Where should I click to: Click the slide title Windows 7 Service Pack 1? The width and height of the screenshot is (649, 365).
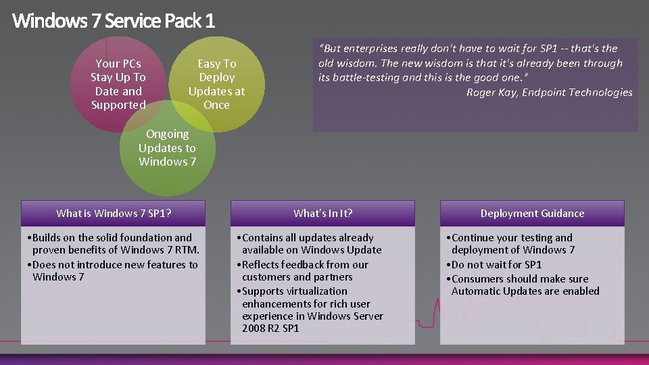[x=114, y=21]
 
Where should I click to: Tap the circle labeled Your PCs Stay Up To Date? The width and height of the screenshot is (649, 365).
[x=118, y=84]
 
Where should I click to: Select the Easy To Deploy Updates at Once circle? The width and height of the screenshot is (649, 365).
[x=216, y=84]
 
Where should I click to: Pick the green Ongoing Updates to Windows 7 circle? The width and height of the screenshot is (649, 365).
[x=167, y=148]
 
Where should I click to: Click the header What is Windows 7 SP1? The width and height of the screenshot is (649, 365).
[x=114, y=214]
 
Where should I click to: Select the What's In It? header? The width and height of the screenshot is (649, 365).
[x=322, y=214]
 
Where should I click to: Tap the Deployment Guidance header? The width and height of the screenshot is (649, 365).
[x=532, y=214]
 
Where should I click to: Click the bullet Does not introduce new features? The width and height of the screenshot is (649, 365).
[x=112, y=271]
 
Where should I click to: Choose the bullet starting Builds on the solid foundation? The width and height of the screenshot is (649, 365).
[x=112, y=244]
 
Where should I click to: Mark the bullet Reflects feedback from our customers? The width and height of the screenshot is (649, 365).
[x=304, y=271]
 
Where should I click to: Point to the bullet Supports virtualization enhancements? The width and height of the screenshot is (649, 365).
[x=311, y=303]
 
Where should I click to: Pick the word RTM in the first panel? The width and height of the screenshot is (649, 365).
[x=182, y=250]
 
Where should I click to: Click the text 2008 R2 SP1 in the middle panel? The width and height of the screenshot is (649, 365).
[x=270, y=328]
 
